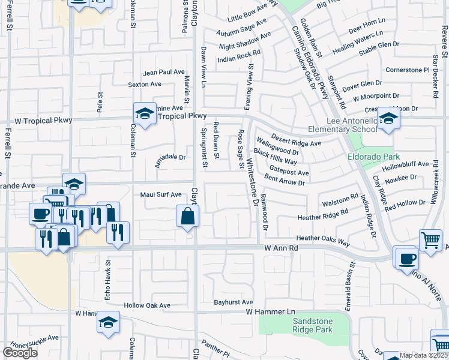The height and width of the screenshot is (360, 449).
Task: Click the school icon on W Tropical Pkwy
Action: (145, 113)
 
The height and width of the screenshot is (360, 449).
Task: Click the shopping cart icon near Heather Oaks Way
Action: (431, 241)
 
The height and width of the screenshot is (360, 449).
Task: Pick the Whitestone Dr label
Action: (253, 182)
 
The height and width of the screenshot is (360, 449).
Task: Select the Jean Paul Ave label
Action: (164, 72)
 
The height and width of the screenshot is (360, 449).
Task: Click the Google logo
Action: (20, 352)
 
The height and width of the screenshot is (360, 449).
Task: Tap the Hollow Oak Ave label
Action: (147, 305)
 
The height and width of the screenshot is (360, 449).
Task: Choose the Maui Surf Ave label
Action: (161, 194)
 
